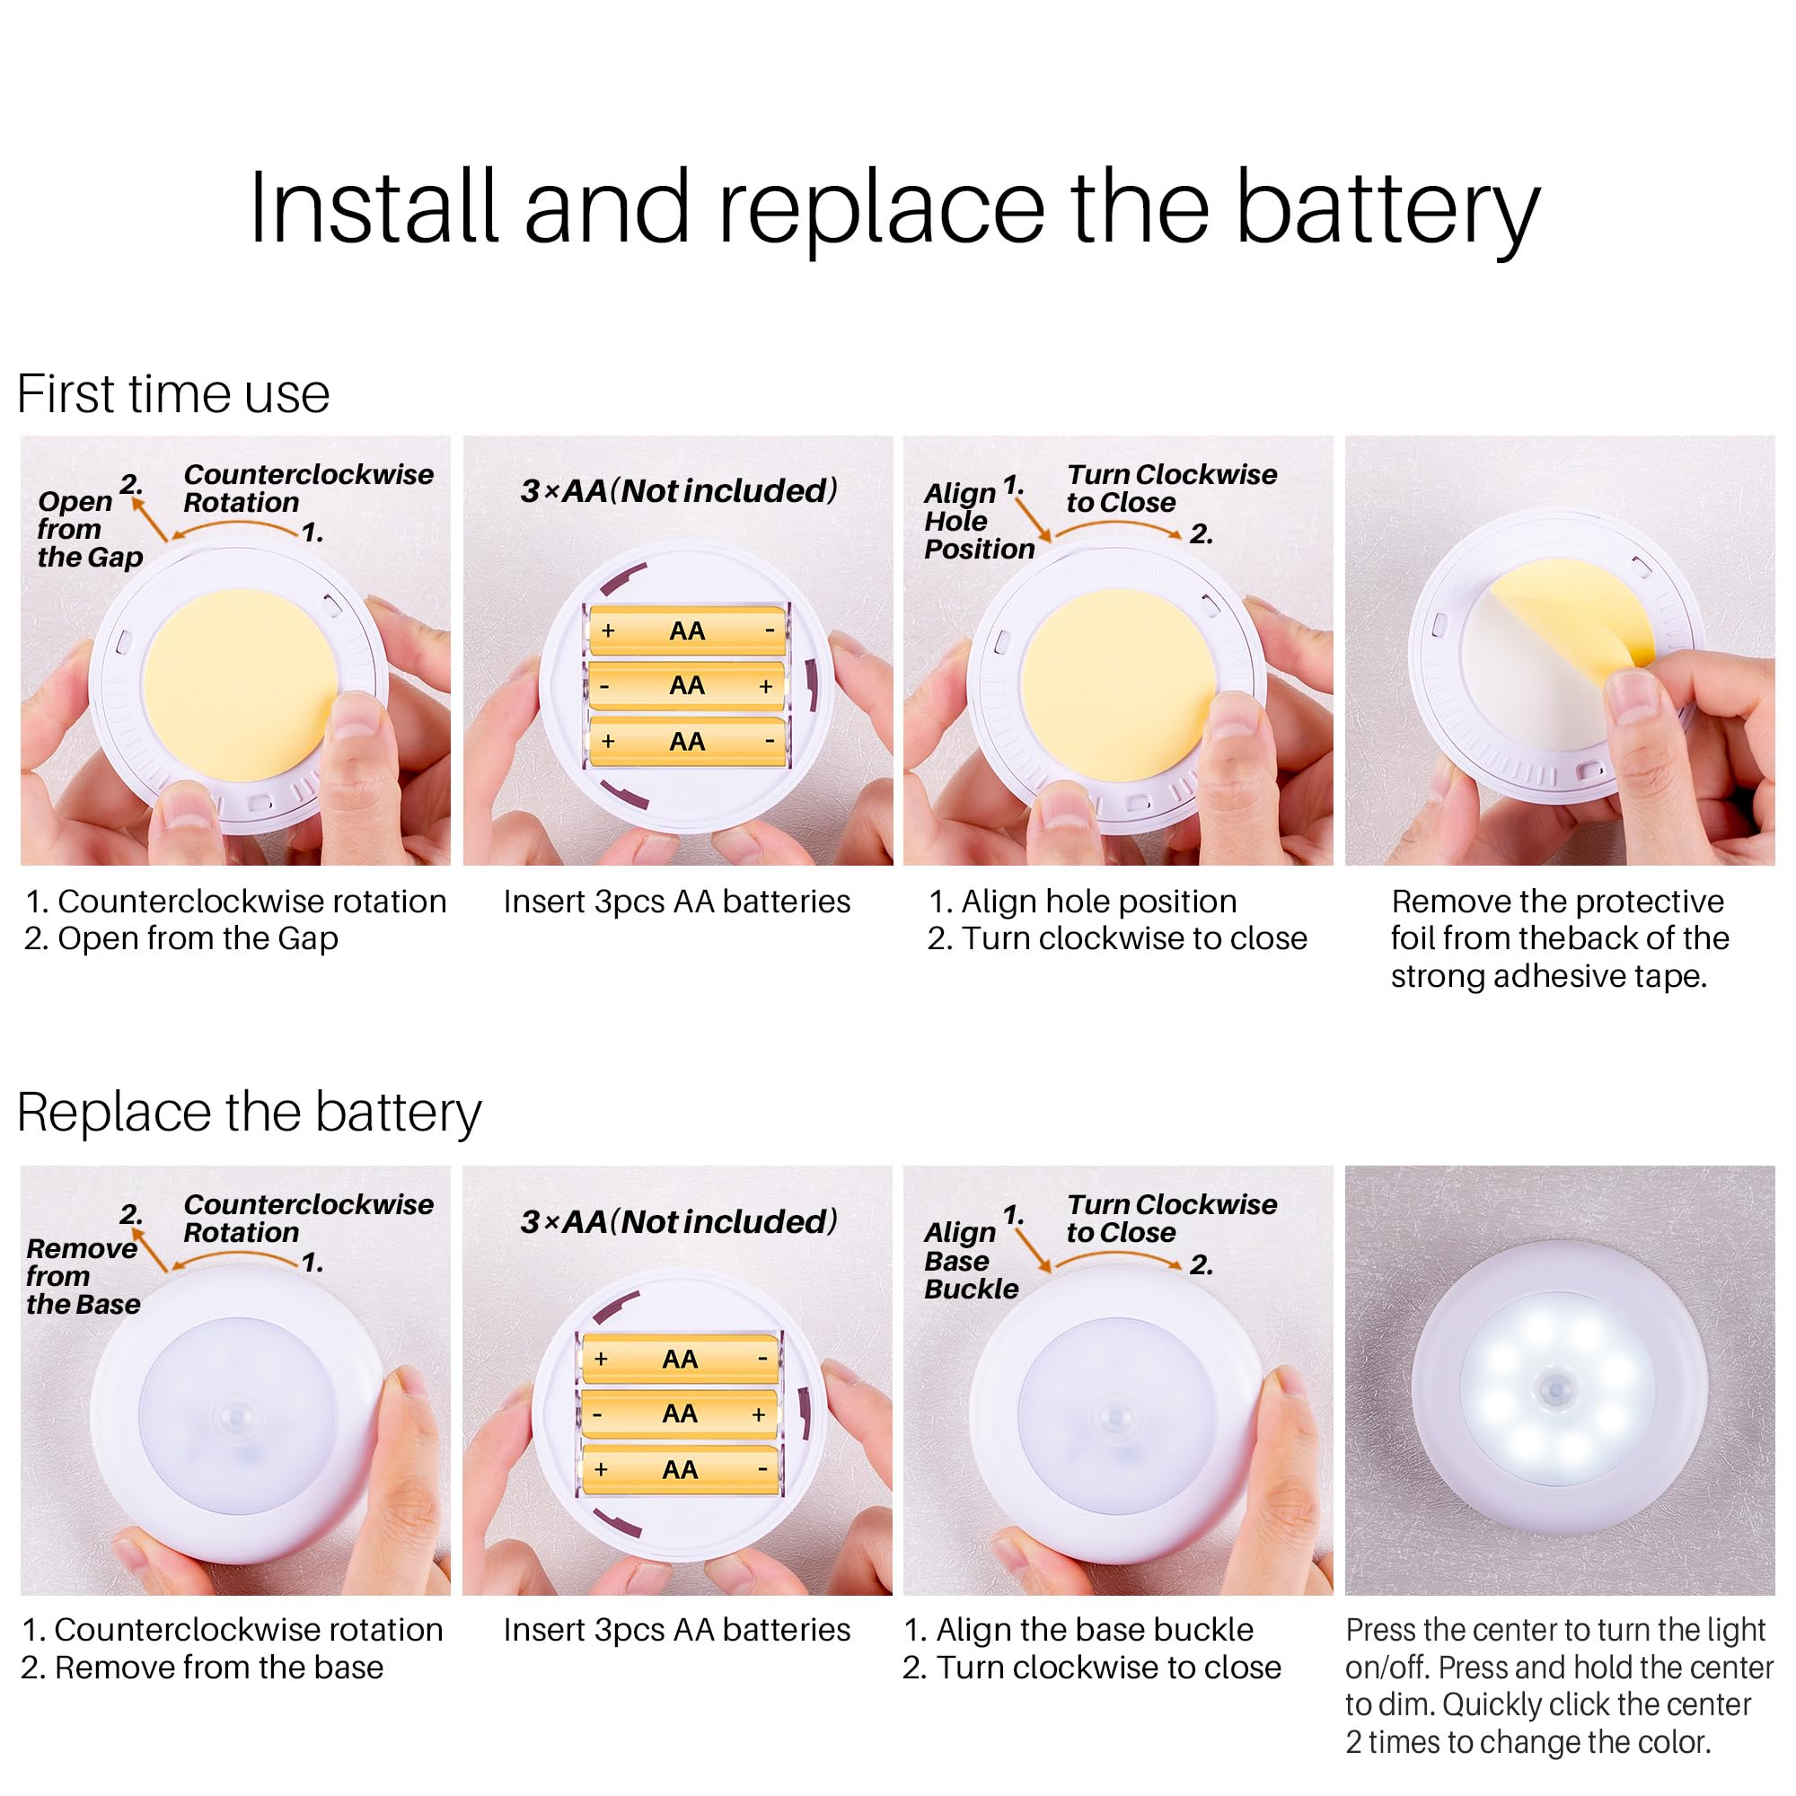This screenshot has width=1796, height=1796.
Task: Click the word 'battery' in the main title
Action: pyautogui.click(x=1388, y=208)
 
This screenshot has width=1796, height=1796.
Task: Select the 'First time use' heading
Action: pyautogui.click(x=174, y=393)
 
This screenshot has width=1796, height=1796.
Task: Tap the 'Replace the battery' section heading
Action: pyautogui.click(x=249, y=1113)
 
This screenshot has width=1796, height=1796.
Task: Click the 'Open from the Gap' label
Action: pyautogui.click(x=90, y=528)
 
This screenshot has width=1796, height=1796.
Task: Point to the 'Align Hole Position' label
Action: pyautogui.click(x=979, y=521)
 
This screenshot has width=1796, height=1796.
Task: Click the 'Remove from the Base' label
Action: pyautogui.click(x=83, y=1276)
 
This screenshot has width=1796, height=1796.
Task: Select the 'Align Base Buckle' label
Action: pyautogui.click(x=972, y=1261)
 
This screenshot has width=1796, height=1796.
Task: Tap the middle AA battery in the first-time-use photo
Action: pyautogui.click(x=687, y=686)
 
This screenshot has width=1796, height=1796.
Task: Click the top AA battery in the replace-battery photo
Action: pyautogui.click(x=680, y=1359)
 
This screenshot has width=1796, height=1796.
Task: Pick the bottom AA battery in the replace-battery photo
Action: pyautogui.click(x=680, y=1470)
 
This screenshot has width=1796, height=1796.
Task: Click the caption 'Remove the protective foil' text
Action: pyautogui.click(x=1557, y=901)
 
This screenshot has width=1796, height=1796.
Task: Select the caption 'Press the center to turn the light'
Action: pyautogui.click(x=1555, y=1630)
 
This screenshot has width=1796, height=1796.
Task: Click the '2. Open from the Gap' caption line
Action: pyautogui.click(x=181, y=938)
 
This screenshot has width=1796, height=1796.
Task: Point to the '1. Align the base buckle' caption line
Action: pyautogui.click(x=1078, y=1630)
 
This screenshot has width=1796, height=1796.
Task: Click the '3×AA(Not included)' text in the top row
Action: pyautogui.click(x=679, y=491)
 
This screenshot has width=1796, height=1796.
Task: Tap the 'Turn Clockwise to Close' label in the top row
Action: pyautogui.click(x=1171, y=488)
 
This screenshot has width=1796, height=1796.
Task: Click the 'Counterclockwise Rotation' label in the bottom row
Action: pyautogui.click(x=309, y=1218)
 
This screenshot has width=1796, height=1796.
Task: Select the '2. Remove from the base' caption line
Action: pyautogui.click(x=202, y=1668)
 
